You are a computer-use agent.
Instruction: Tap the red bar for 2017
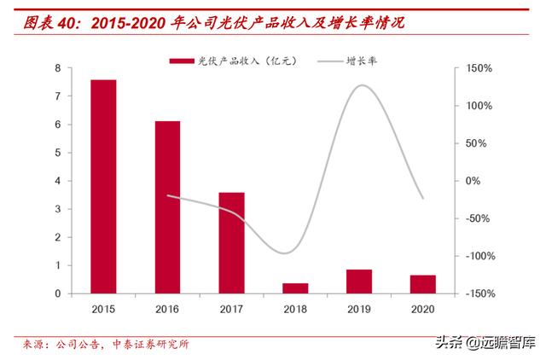point(231,243)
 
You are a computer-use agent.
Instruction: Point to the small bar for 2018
point(295,288)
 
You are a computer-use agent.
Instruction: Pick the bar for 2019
point(359,282)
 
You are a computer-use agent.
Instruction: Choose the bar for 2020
point(423,284)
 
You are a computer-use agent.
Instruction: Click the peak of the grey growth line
point(363,85)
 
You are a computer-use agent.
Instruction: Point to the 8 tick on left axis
point(57,68)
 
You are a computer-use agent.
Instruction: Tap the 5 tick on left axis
point(57,153)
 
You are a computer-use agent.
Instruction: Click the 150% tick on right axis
point(479,68)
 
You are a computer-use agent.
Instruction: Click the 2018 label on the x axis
point(295,308)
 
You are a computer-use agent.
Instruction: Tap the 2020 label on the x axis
point(423,308)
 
